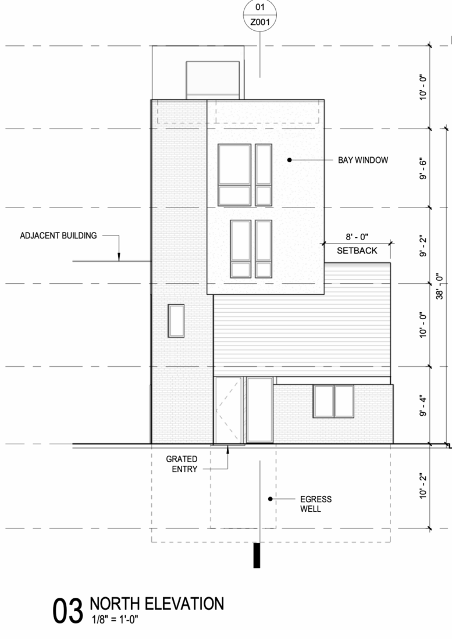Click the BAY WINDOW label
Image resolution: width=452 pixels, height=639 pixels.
coord(362,160)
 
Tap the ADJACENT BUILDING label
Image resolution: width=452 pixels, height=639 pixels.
coord(58,236)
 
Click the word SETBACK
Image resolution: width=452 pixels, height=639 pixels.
coord(357,251)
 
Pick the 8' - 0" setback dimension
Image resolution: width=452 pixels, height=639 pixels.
coord(357,237)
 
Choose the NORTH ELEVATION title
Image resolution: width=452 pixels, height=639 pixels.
coord(156,604)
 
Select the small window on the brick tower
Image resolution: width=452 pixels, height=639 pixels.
coord(176,320)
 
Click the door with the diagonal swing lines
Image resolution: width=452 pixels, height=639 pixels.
coord(228,410)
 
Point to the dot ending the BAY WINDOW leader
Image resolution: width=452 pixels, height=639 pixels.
coord(289,160)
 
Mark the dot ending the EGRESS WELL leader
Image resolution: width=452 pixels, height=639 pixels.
coord(270,499)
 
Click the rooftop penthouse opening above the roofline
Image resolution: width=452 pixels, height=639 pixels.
coord(212,78)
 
